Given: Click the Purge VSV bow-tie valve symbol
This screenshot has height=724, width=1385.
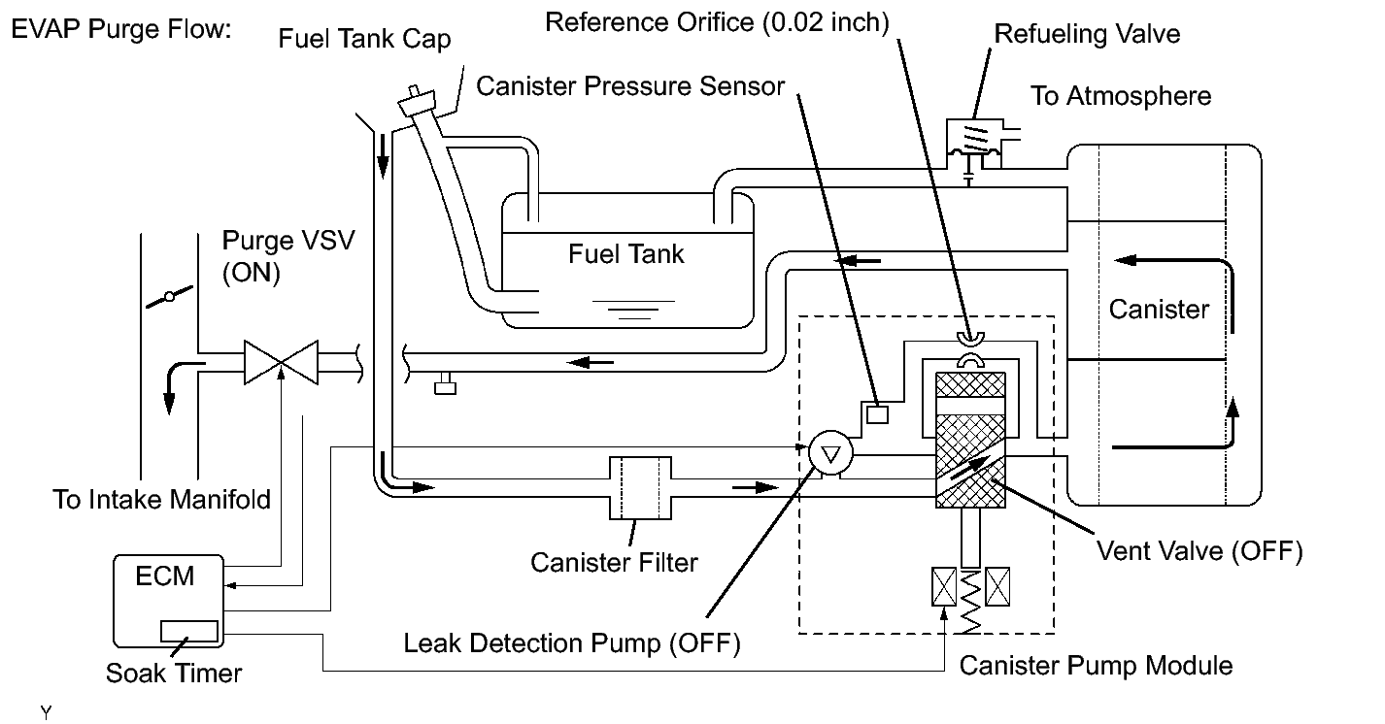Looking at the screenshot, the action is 282,363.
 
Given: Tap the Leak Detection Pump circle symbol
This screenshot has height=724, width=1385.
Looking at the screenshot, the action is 830,453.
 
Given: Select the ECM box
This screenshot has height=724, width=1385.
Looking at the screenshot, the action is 168,601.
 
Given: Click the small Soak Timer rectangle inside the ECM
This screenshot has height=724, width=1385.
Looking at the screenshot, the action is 189,632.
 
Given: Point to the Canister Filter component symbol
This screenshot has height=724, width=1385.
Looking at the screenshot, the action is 641,488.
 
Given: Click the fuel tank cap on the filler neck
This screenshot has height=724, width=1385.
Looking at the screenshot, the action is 417,100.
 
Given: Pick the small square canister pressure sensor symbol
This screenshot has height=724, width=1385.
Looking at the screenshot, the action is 877,413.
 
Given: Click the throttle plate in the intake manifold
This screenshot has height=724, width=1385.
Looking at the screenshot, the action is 169,297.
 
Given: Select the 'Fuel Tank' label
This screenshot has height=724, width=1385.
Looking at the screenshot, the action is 625,254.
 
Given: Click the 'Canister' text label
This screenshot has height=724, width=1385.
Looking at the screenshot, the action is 1159,310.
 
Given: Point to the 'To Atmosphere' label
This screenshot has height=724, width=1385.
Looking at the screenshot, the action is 1121,96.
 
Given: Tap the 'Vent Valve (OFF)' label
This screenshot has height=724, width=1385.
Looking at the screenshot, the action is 1199,551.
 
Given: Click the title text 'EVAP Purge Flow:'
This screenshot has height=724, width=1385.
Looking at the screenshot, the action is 121,30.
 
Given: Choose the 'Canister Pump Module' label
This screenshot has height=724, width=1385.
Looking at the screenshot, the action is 1096,666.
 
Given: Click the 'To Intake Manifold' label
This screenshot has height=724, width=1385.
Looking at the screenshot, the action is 161,500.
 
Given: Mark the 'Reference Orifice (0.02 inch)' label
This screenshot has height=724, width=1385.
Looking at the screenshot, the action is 717,23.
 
